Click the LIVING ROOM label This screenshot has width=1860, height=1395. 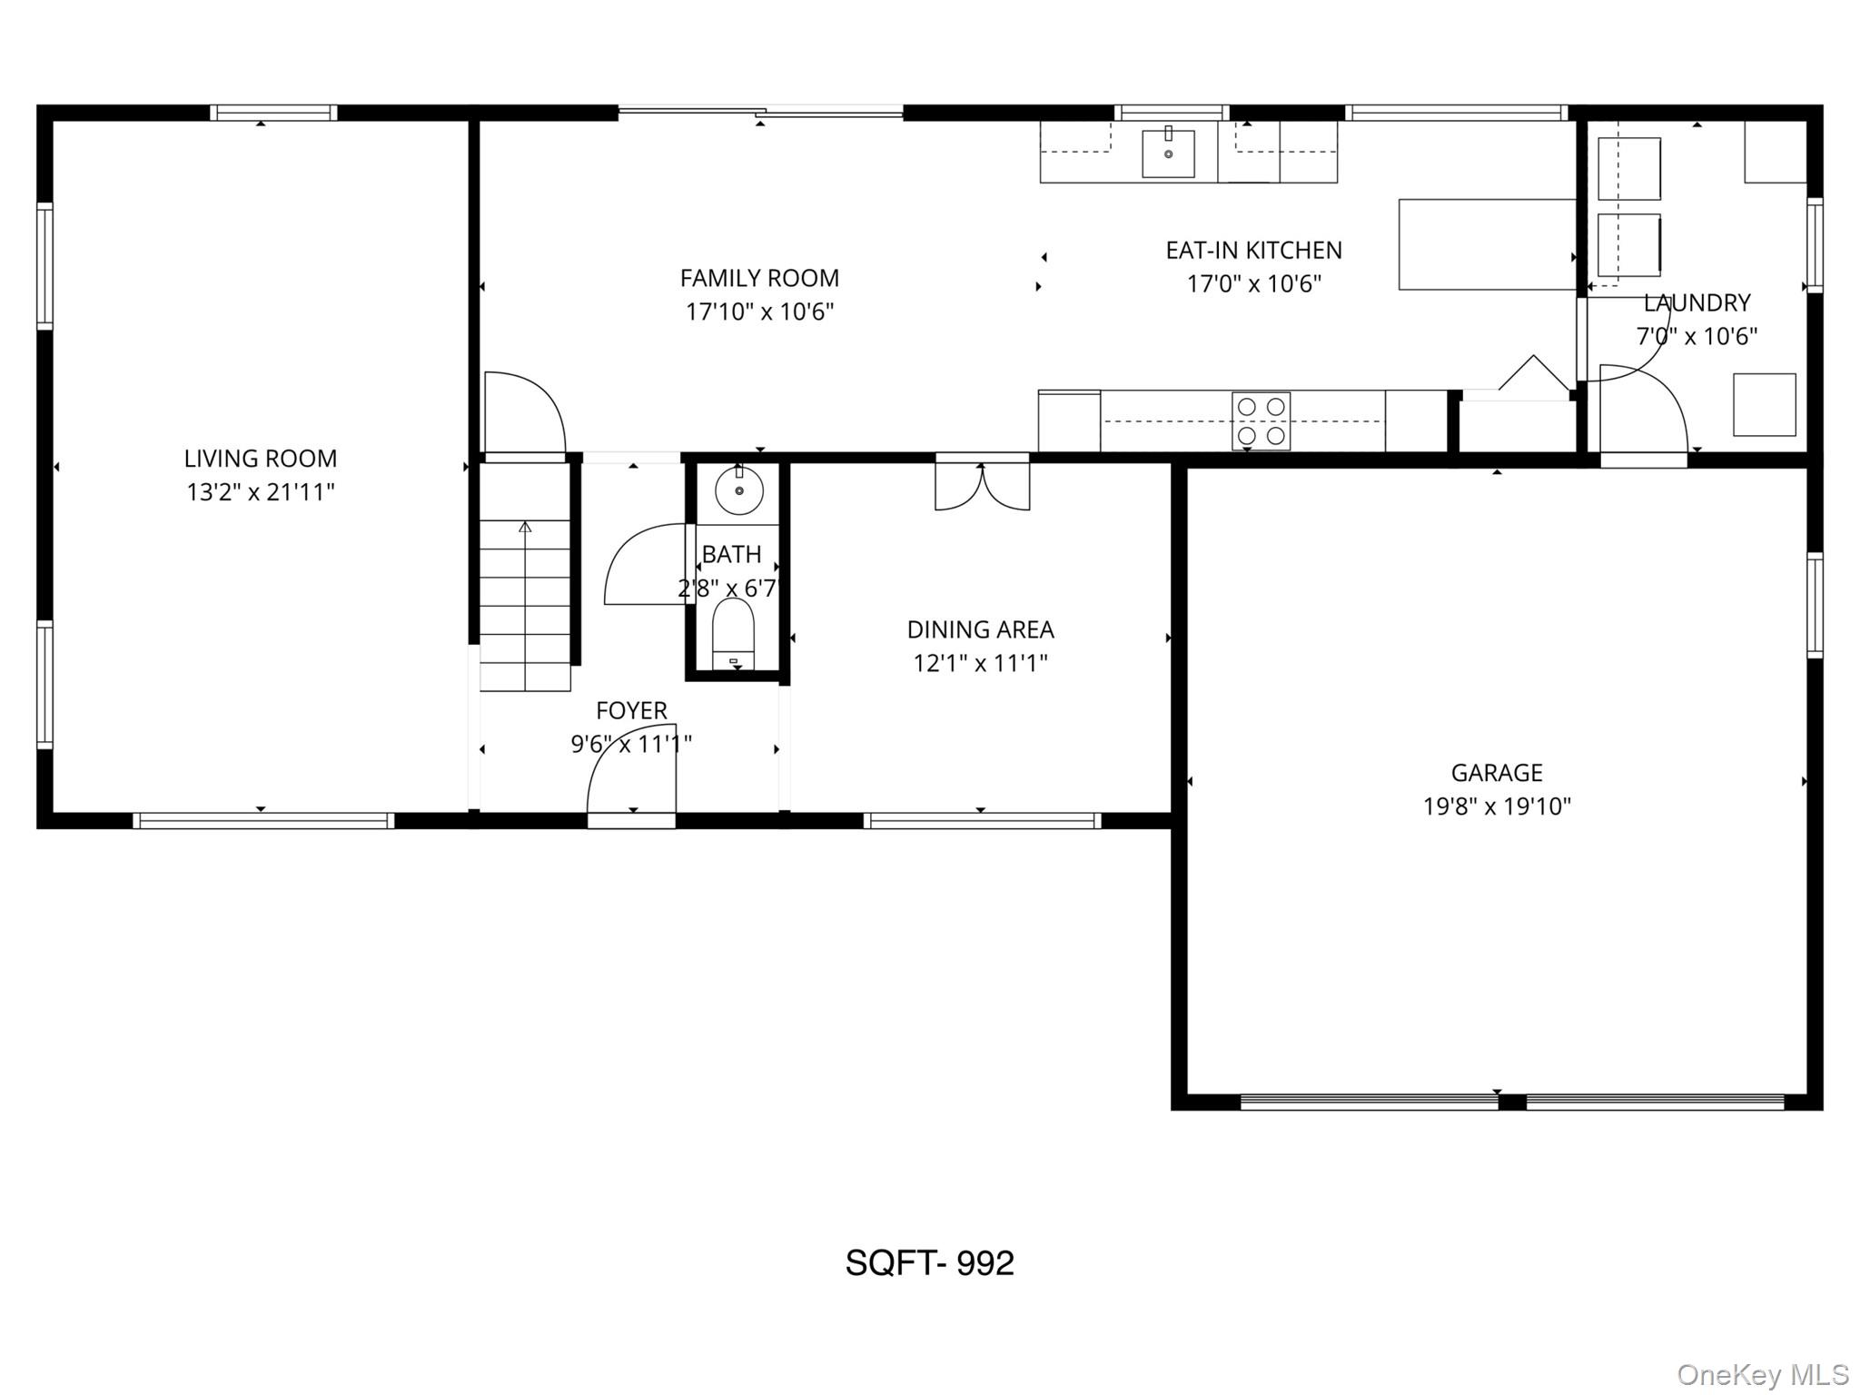pyautogui.click(x=261, y=459)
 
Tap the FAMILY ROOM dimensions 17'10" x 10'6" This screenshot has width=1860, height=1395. pyautogui.click(x=759, y=312)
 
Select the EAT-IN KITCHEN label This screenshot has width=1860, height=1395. pyautogui.click(x=1253, y=250)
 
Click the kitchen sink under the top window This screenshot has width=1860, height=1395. pyautogui.click(x=1168, y=153)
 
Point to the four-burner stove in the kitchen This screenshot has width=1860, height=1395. pyautogui.click(x=1261, y=421)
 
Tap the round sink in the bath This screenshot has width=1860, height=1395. pyautogui.click(x=739, y=491)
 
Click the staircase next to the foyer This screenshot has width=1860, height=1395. pyautogui.click(x=525, y=603)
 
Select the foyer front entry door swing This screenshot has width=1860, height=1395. pyautogui.click(x=632, y=772)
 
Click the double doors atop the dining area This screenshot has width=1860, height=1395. pyautogui.click(x=982, y=487)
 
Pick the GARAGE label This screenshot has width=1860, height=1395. pyautogui.click(x=1496, y=773)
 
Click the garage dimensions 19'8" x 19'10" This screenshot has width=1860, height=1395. pyautogui.click(x=1496, y=806)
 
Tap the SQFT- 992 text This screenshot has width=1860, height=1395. pyautogui.click(x=929, y=1262)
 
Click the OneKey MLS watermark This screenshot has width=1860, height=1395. pyautogui.click(x=1763, y=1375)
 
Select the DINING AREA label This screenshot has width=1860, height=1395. pyautogui.click(x=980, y=629)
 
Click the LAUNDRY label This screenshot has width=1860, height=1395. pyautogui.click(x=1697, y=302)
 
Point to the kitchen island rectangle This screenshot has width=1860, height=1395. pyautogui.click(x=1487, y=244)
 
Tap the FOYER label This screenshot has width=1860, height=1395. pyautogui.click(x=631, y=710)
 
